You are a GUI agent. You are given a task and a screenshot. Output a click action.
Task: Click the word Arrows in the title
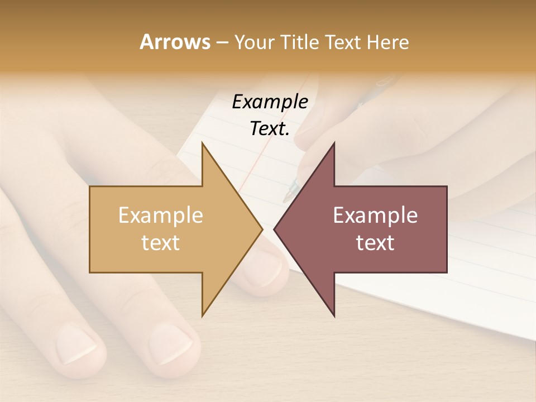174,42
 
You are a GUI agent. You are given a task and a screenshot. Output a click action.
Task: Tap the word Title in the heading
302,42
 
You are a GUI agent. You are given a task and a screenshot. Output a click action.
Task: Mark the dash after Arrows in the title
222,42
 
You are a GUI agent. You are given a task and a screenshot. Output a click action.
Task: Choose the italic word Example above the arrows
270,102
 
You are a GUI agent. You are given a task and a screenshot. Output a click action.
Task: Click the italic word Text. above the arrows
270,128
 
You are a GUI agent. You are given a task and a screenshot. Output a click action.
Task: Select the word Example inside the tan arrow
161,215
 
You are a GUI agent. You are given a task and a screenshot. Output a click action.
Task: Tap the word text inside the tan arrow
161,242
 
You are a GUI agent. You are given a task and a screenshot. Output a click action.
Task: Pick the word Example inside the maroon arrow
375,215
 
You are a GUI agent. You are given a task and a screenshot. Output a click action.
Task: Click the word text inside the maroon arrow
375,242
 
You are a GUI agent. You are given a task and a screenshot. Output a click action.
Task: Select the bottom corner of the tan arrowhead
203,315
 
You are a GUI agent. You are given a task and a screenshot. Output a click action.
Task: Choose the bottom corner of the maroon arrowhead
334,315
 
